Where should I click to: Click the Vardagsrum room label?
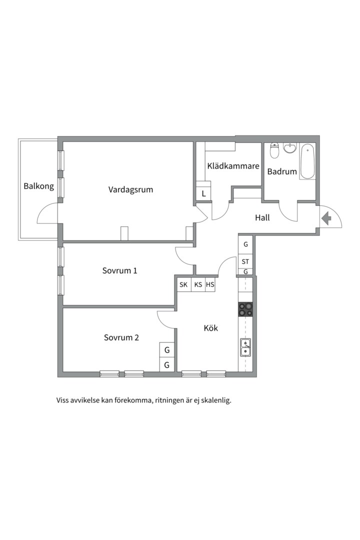130,190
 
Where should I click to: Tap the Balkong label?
38,186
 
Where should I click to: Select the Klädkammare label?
233,166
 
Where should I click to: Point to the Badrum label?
282,171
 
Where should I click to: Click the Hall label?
262,217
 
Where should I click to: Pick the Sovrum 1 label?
119,270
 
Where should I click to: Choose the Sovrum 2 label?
121,337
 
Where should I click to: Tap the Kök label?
211,328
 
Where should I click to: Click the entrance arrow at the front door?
326,218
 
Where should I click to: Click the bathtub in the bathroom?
307,161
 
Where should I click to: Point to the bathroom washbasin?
289,148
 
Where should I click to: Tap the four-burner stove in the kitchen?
245,309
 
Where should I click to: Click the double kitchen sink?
245,347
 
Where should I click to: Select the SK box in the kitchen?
183,285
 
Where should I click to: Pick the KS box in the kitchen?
198,285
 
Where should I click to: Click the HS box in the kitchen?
210,285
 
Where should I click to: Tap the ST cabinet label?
245,261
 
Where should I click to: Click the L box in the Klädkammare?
203,193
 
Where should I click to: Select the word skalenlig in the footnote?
217,400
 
